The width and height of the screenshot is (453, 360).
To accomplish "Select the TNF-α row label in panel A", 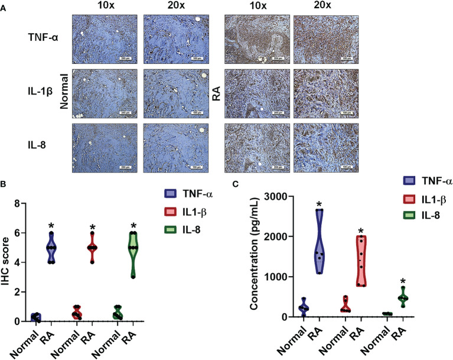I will coord(40,37).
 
